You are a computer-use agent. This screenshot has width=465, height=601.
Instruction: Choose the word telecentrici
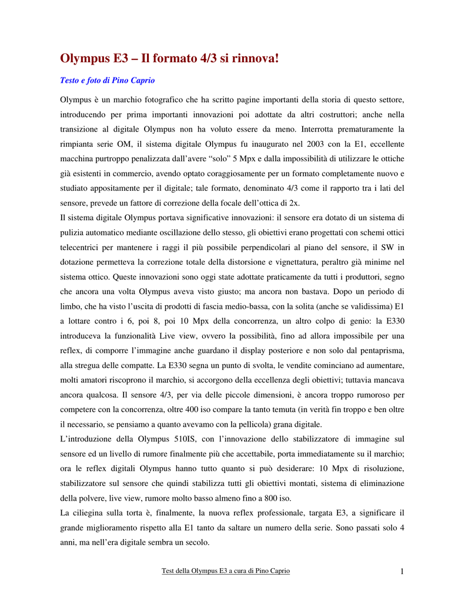[83, 248]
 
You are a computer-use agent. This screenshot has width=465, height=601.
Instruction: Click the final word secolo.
[196, 542]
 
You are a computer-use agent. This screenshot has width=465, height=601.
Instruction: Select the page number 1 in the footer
[402, 572]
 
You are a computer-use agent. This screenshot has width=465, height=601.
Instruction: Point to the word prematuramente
[369, 129]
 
